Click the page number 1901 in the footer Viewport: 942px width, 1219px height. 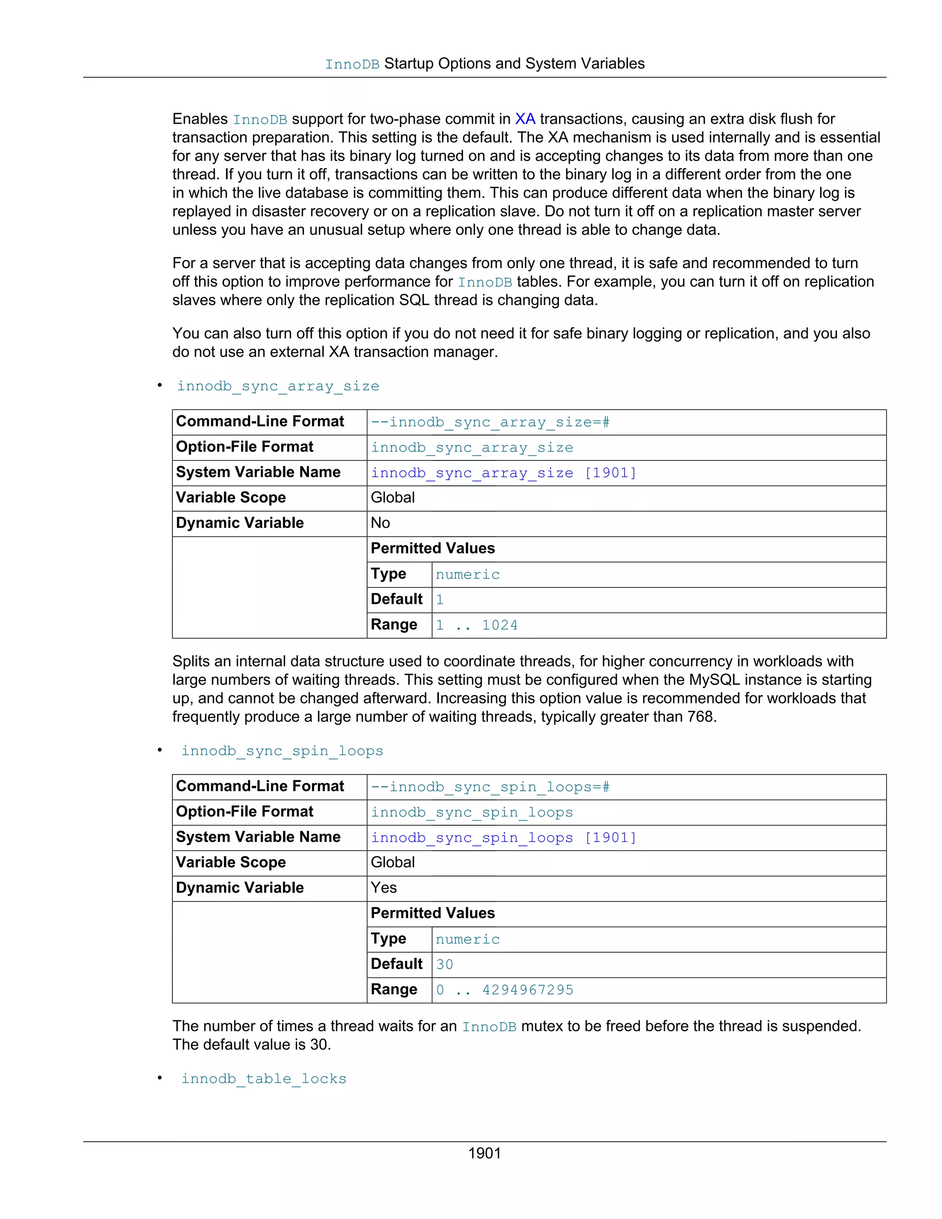pyautogui.click(x=484, y=1153)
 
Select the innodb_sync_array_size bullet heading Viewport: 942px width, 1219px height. pyautogui.click(x=278, y=386)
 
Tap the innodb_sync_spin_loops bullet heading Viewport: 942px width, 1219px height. pyautogui.click(x=282, y=751)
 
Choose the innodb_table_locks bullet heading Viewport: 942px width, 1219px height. pyautogui.click(x=264, y=1078)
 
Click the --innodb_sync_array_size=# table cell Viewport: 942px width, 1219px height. pyautogui.click(x=490, y=422)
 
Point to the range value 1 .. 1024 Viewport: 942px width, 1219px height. pyautogui.click(x=477, y=625)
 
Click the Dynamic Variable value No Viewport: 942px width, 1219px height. pyautogui.click(x=380, y=523)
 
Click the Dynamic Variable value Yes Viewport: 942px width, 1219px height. pyautogui.click(x=384, y=887)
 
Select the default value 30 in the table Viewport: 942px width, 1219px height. pyautogui.click(x=444, y=965)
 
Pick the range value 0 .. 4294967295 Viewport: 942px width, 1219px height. pyautogui.click(x=505, y=989)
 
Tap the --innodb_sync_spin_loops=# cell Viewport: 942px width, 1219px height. pyautogui.click(x=490, y=787)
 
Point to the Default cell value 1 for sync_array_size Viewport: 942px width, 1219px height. pyautogui.click(x=440, y=600)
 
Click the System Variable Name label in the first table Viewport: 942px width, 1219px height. pyautogui.click(x=258, y=472)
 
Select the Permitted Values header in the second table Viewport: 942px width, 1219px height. pyautogui.click(x=432, y=913)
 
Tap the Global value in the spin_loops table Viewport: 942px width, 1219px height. pyautogui.click(x=392, y=862)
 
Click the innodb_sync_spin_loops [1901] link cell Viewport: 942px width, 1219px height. pyautogui.click(x=503, y=838)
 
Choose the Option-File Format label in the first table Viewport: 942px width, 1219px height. pyautogui.click(x=244, y=447)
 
